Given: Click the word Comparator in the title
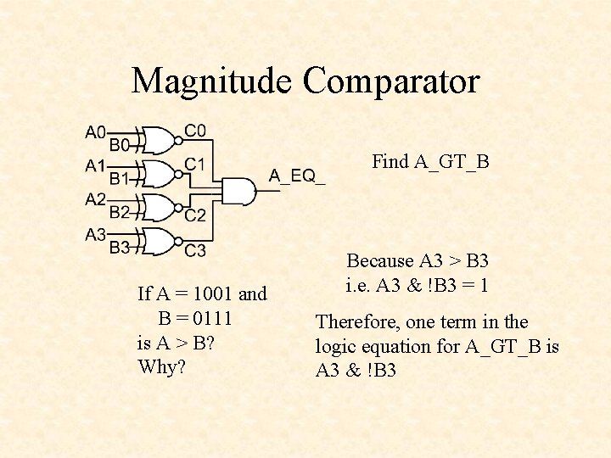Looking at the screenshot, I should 391,81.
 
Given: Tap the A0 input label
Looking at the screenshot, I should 95,132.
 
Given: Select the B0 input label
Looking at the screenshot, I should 120,145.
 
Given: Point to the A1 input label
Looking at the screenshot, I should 95,166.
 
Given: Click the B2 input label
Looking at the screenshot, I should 120,212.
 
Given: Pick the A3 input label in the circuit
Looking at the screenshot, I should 95,234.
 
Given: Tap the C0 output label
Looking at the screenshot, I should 195,131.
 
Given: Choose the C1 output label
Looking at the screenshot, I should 195,163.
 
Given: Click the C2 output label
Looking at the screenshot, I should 195,215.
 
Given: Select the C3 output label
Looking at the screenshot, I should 195,250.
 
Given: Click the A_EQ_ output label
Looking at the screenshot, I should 296,176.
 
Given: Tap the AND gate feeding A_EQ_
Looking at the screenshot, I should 238,192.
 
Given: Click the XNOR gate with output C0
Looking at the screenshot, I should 160,138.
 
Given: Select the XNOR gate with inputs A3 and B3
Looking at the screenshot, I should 160,241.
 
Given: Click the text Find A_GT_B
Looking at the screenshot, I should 430,162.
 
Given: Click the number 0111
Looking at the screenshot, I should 212,319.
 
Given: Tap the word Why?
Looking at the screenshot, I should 161,367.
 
